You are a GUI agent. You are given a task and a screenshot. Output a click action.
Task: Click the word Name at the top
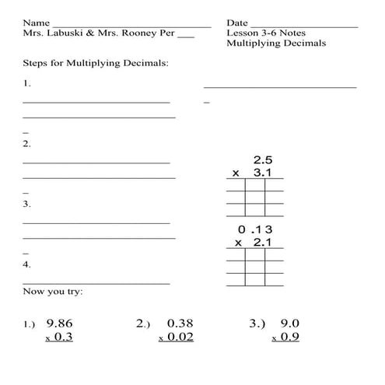[x=37, y=23]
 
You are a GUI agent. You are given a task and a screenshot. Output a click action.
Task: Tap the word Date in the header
[x=238, y=23]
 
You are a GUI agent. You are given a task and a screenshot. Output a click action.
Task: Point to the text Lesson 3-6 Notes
[x=266, y=33]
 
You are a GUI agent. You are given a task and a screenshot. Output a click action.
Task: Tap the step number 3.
[x=26, y=204]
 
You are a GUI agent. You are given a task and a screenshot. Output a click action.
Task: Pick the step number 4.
[x=26, y=264]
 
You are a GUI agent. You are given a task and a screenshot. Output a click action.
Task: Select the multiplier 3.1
[x=263, y=173]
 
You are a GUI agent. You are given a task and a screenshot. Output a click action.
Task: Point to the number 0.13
[x=258, y=229]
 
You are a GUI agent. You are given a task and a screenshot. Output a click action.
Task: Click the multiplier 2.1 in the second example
[x=263, y=243]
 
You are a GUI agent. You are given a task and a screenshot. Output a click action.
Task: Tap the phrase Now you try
[x=53, y=292]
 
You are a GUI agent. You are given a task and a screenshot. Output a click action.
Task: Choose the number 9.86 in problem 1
[x=60, y=323]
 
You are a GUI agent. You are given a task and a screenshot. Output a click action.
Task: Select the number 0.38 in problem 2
[x=180, y=323]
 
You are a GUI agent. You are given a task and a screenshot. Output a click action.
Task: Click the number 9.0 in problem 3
[x=290, y=323]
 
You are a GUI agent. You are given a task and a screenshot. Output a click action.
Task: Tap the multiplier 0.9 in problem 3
[x=290, y=337]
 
